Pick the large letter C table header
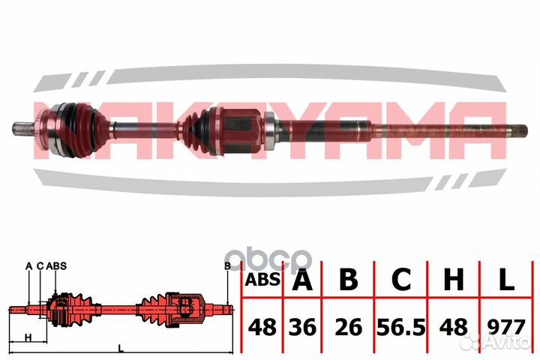pos(402,280)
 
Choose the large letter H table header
pos(453,280)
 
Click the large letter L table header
pos(506,280)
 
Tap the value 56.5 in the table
pos(402,327)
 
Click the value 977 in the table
pos(506,327)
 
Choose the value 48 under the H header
pos(453,327)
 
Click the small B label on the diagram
pos(226,265)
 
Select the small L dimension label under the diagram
pos(120,347)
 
